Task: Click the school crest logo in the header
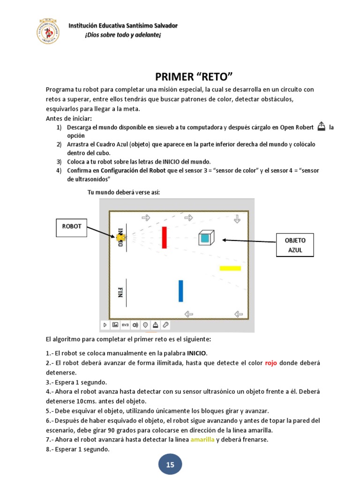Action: click(x=48, y=31)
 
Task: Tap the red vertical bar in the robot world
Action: click(x=164, y=237)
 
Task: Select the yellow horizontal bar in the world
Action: click(x=230, y=269)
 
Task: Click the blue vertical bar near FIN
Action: click(x=180, y=291)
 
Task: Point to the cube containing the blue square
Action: click(x=205, y=238)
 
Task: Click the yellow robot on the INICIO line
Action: click(x=120, y=238)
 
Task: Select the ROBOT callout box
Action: click(x=72, y=226)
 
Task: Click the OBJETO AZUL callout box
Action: click(x=295, y=245)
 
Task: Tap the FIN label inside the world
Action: click(x=120, y=292)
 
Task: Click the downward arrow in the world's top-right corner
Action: click(x=237, y=218)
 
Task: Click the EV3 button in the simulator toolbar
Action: click(x=125, y=325)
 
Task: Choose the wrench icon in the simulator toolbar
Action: click(x=165, y=325)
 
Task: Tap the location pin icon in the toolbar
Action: click(x=145, y=325)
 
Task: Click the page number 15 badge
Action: click(x=170, y=465)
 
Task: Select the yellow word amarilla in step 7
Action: click(x=202, y=439)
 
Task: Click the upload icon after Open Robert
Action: click(x=321, y=126)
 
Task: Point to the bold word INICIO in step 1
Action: click(x=196, y=352)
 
